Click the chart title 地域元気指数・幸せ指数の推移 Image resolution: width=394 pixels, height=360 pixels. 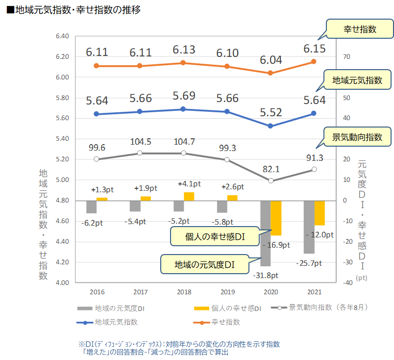coord(74,9)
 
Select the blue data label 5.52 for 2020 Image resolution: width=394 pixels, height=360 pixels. coord(271,113)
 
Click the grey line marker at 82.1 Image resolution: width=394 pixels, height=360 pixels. coord(271,180)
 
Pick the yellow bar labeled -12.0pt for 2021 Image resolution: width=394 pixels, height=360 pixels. coord(320,213)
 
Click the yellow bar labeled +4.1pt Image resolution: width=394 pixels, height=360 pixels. coord(189,196)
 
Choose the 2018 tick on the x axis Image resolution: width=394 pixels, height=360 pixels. coord(184,292)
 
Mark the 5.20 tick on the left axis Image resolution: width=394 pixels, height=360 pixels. coord(63,159)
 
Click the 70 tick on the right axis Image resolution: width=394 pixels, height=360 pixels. coord(346,57)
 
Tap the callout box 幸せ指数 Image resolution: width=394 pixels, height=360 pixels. coord(360,29)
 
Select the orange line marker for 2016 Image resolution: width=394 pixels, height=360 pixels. coord(97,66)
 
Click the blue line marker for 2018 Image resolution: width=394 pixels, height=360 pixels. coord(184,109)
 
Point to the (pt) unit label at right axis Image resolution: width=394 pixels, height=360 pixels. coord(362,277)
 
